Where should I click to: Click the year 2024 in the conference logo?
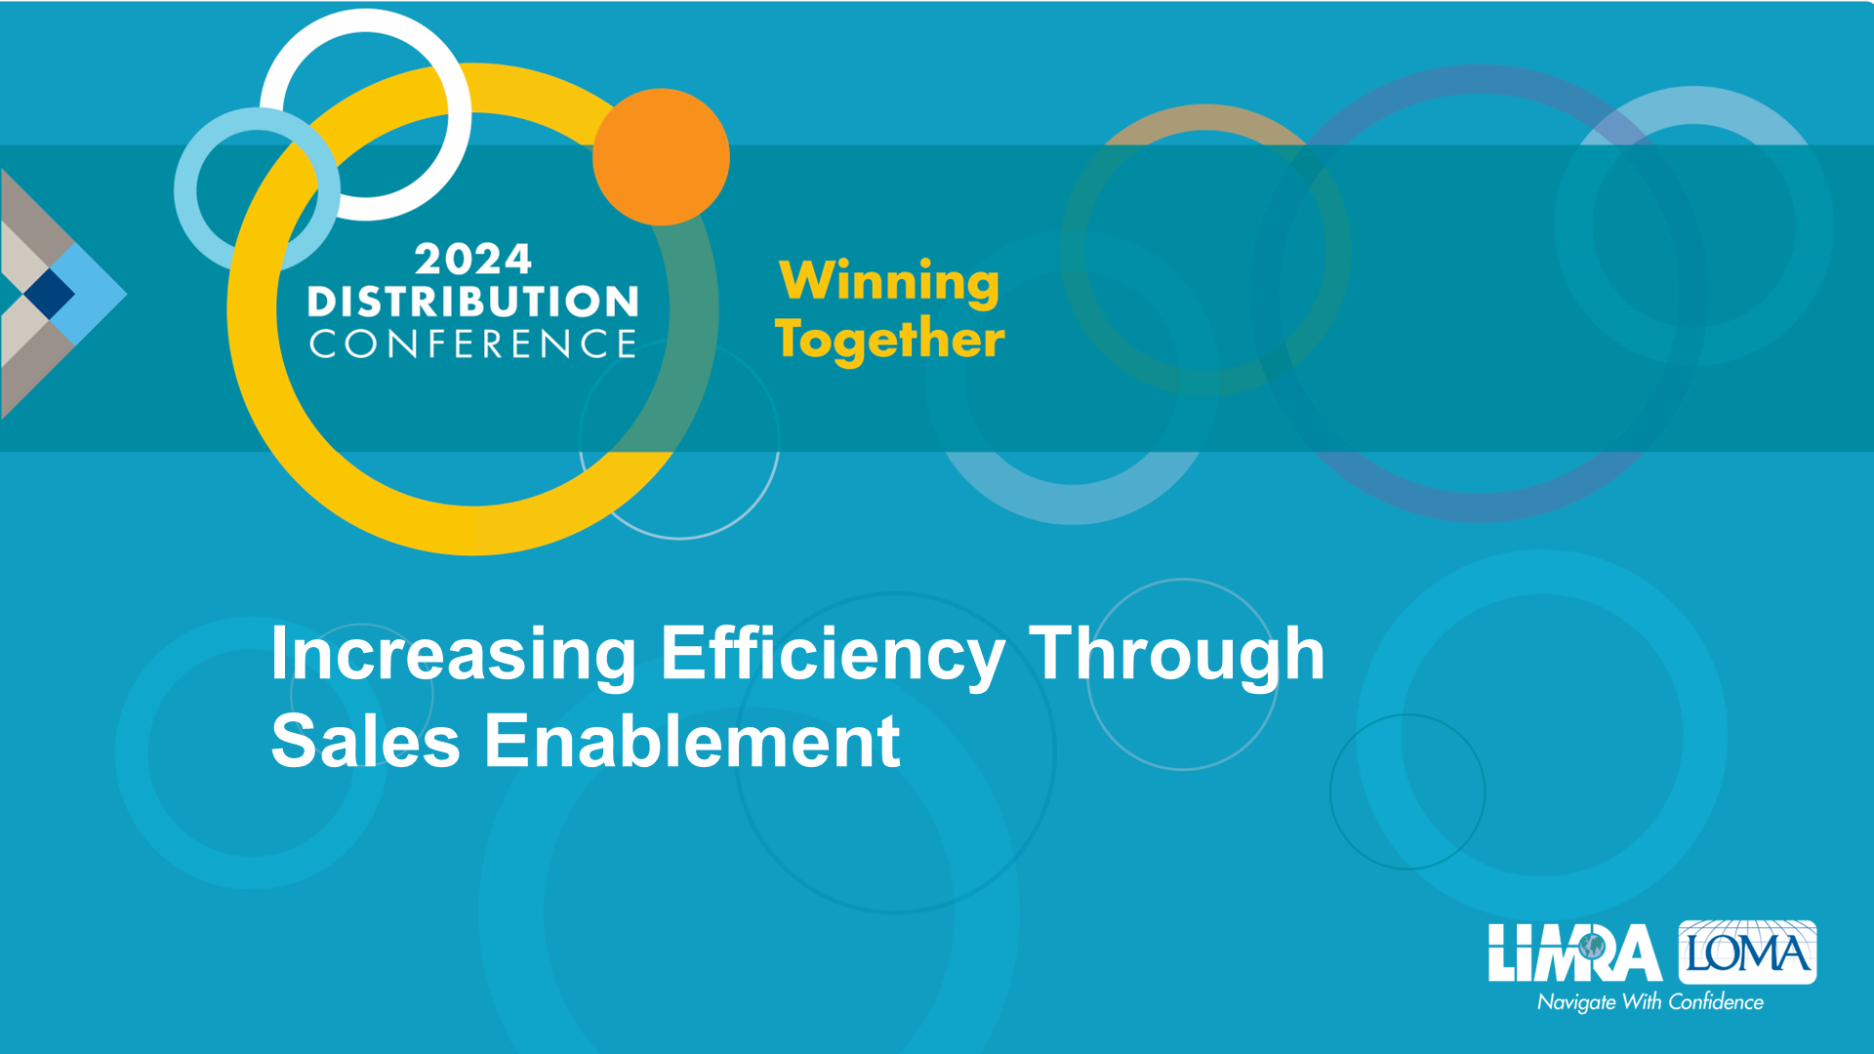pos(473,259)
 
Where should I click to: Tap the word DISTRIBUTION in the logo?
pos(473,302)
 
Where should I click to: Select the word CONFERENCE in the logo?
pos(473,344)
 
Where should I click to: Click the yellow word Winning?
pos(889,282)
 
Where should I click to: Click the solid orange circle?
pos(661,156)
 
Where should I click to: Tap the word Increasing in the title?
pos(454,654)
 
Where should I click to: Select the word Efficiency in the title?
pos(833,654)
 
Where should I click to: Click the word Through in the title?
pos(1177,654)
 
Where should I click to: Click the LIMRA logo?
pos(1575,953)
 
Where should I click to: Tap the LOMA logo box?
pos(1747,952)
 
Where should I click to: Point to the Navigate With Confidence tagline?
pos(1650,1002)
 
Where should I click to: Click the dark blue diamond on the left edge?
pos(49,293)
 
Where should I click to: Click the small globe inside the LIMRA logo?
pos(1592,946)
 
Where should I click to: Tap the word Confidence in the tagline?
pos(1716,1002)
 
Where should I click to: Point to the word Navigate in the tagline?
pos(1576,1003)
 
